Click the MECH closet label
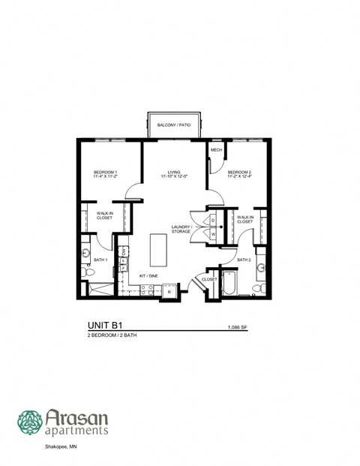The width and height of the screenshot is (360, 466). tap(216, 150)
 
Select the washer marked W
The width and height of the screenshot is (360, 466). tap(213, 234)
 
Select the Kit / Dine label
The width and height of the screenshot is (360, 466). tap(148, 275)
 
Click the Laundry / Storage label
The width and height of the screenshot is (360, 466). tap(181, 230)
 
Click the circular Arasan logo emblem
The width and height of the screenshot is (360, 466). tap(30, 422)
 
